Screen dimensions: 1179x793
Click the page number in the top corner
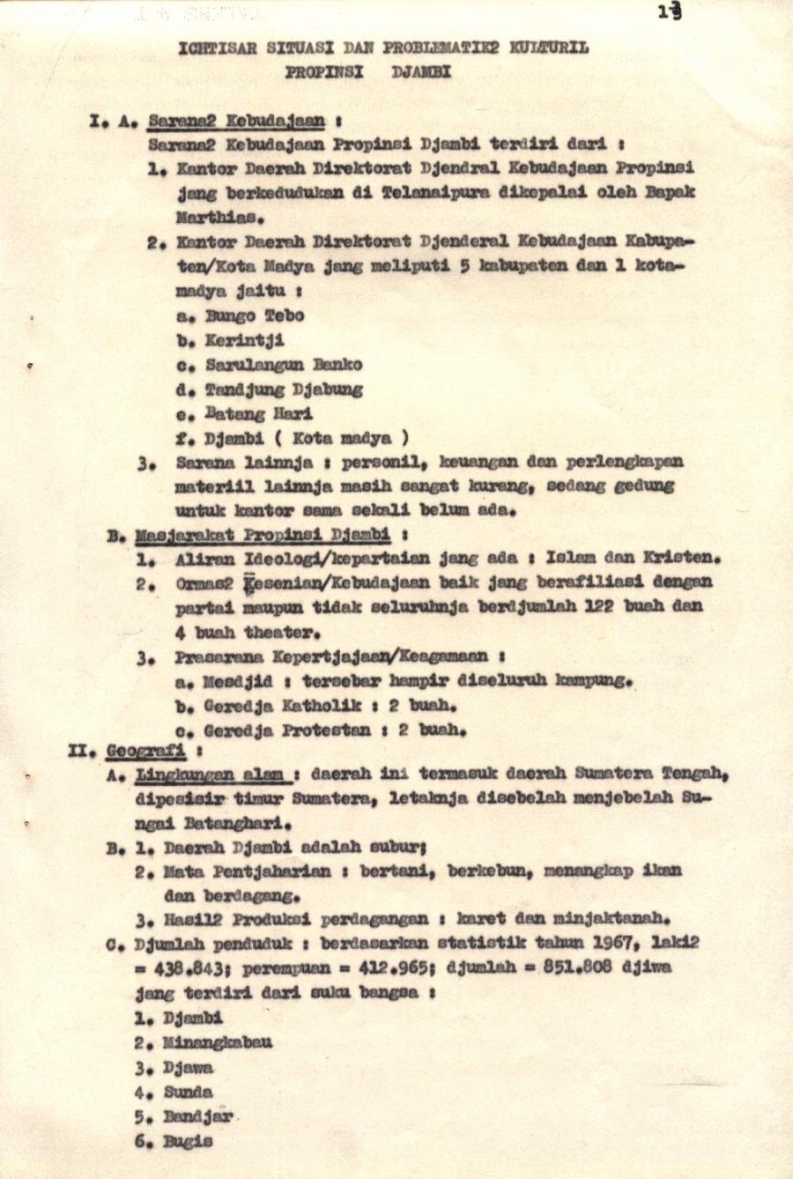pyautogui.click(x=670, y=11)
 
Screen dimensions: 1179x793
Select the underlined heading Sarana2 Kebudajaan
pyautogui.click(x=236, y=121)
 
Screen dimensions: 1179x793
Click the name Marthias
pyautogui.click(x=219, y=217)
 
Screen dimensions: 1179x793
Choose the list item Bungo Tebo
pyautogui.click(x=255, y=315)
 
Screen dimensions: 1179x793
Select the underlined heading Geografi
pyautogui.click(x=145, y=752)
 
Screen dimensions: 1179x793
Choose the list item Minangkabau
pyautogui.click(x=218, y=1042)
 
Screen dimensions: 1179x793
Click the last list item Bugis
pyautogui.click(x=188, y=1141)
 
